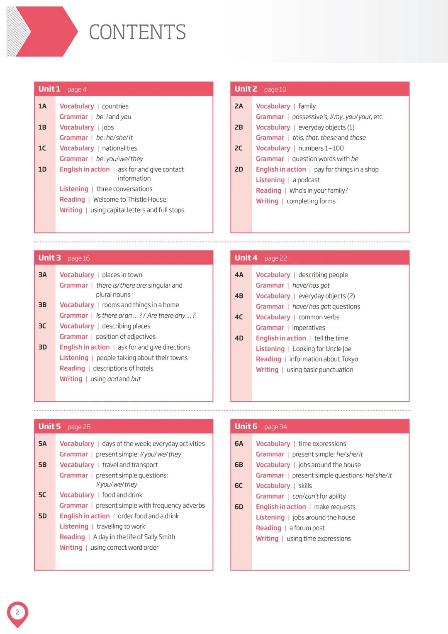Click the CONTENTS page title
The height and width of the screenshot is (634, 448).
click(x=137, y=32)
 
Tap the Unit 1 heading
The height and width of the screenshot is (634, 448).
click(x=49, y=89)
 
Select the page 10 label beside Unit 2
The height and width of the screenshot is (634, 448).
click(x=275, y=89)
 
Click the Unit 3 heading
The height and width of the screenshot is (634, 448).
click(x=49, y=258)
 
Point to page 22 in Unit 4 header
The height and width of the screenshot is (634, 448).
click(x=275, y=258)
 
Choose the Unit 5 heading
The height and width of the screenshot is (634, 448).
click(x=49, y=426)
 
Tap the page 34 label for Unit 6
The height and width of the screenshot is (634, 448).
click(x=275, y=427)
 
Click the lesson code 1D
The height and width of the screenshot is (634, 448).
click(x=42, y=169)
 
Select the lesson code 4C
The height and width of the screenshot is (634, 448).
click(x=239, y=317)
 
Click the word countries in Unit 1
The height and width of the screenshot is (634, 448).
click(x=115, y=106)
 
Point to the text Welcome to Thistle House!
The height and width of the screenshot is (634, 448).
click(x=130, y=200)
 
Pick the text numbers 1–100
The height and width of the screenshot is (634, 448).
click(x=321, y=148)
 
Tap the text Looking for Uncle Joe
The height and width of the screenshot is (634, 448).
click(x=322, y=349)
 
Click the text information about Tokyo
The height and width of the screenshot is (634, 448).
click(x=324, y=359)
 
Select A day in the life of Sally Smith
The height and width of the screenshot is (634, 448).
click(x=134, y=537)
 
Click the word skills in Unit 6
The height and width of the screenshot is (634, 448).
click(x=305, y=486)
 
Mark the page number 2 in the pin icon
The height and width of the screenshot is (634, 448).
click(x=17, y=612)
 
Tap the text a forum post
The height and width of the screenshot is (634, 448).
click(x=307, y=528)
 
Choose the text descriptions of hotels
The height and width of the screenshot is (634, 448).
click(x=123, y=368)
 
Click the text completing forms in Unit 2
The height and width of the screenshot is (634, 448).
click(x=311, y=201)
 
